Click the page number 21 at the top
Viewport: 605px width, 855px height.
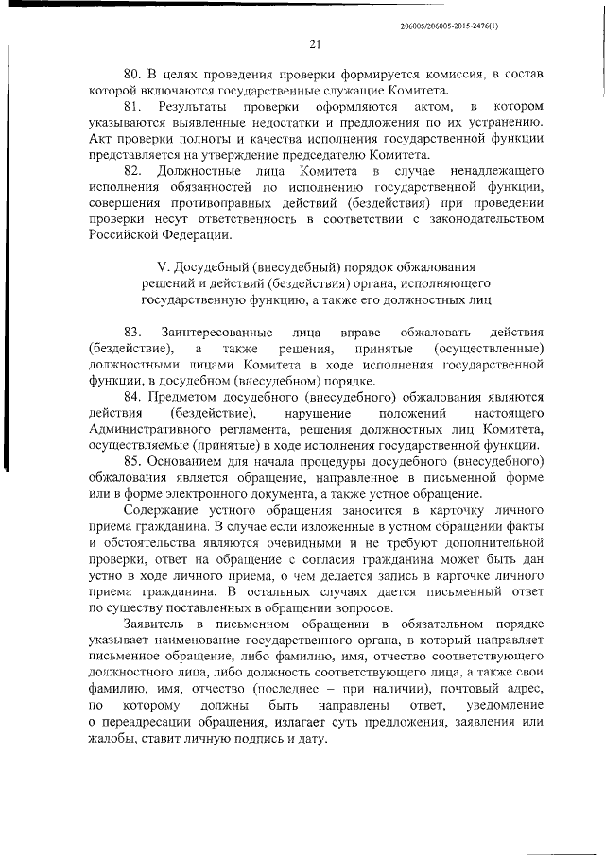pos(316,41)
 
